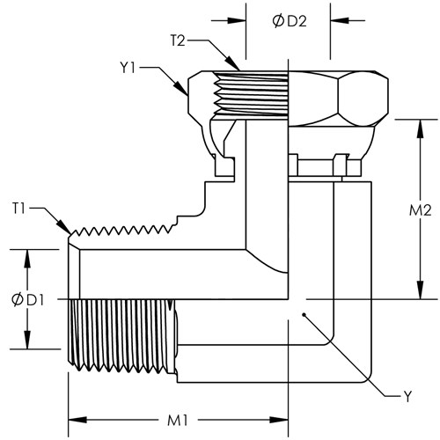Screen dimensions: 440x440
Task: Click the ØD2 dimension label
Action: [290, 21]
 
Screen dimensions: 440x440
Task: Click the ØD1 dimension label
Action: [27, 300]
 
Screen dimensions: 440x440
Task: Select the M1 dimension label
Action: [177, 421]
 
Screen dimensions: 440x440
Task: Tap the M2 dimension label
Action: [420, 210]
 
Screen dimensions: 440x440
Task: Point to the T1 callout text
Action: [18, 209]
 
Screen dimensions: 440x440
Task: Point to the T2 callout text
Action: [178, 40]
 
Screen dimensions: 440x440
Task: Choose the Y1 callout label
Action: [128, 68]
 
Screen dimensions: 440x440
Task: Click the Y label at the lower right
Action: [408, 397]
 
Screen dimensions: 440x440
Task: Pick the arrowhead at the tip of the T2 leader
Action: [232, 62]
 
